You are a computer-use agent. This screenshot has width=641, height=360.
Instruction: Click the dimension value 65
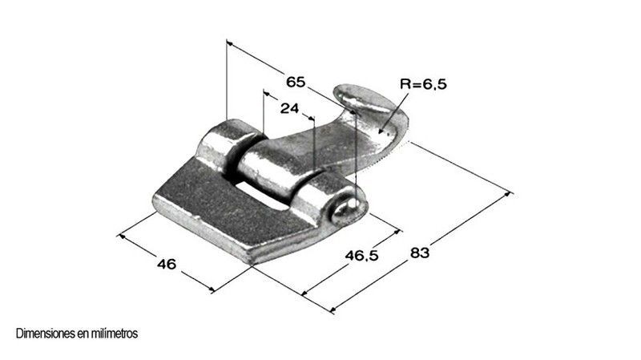pyautogui.click(x=295, y=82)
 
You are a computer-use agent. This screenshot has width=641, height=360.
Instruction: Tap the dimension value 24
pyautogui.click(x=289, y=108)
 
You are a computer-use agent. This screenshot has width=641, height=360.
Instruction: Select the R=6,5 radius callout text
pyautogui.click(x=424, y=84)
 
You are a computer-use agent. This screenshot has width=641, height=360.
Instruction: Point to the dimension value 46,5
pyautogui.click(x=362, y=256)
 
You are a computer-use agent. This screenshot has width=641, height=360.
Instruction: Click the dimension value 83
pyautogui.click(x=420, y=253)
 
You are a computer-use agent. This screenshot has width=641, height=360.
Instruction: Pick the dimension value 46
pyautogui.click(x=167, y=264)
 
